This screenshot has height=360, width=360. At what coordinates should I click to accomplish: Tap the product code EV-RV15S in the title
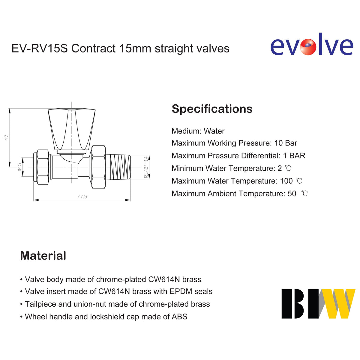[40, 49]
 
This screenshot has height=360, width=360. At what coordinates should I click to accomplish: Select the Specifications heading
[212, 109]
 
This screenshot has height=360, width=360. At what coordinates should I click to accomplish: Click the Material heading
[43, 256]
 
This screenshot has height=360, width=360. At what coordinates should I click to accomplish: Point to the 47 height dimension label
[7, 138]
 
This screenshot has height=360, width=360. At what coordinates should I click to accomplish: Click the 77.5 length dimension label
[82, 196]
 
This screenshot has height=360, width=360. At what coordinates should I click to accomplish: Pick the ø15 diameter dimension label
[19, 167]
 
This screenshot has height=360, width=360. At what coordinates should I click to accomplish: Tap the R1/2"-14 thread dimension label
[146, 167]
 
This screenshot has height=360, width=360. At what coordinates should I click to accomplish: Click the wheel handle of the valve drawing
[72, 130]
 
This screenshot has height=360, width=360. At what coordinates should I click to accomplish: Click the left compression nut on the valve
[43, 167]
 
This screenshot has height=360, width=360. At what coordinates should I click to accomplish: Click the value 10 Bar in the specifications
[286, 143]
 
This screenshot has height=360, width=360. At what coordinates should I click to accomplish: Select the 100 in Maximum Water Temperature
[286, 181]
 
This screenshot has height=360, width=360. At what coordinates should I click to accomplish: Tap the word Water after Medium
[214, 131]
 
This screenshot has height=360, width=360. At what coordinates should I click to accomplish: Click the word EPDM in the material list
[181, 291]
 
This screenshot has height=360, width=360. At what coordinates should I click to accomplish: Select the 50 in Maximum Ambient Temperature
[292, 193]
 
